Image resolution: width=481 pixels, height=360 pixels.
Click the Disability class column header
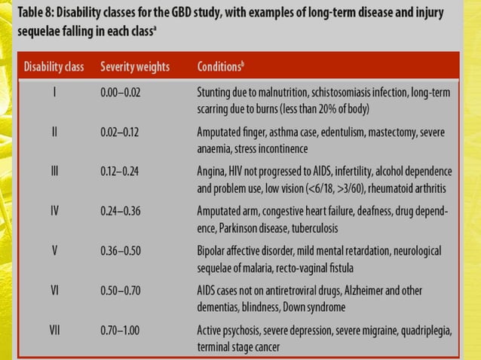(x=55, y=66)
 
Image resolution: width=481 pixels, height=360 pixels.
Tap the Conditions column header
(x=220, y=66)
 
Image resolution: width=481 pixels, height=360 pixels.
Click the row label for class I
(x=55, y=93)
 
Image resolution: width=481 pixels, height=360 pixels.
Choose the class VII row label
(x=54, y=329)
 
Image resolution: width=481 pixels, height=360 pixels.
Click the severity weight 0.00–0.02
(x=121, y=93)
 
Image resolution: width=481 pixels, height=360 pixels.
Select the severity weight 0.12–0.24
(x=121, y=171)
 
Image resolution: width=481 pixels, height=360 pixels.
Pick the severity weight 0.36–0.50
(x=121, y=250)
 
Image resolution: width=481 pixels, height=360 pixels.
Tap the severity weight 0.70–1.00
(x=121, y=329)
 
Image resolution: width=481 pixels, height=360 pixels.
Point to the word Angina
(x=212, y=171)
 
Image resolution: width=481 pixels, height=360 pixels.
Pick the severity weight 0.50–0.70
(x=121, y=290)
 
